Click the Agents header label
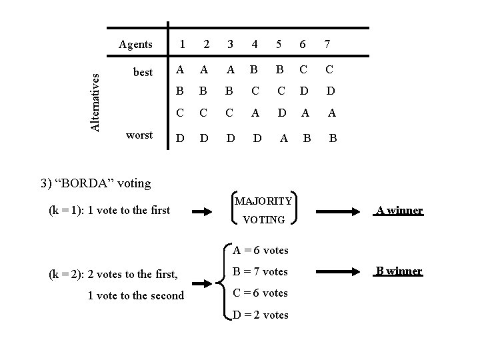pos(135,45)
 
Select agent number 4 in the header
pos(255,45)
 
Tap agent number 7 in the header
pos(327,45)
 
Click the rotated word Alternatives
pos(95,103)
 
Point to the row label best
pos(143,72)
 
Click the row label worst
pos(139,135)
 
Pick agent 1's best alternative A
pos(180,70)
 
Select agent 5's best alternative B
pos(279,70)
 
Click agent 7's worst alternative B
pos(333,139)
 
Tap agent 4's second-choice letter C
pos(255,91)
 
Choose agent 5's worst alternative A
pos(284,139)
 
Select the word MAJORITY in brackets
pos(263,201)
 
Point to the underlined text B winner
pos(399,271)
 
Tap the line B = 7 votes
pos(260,271)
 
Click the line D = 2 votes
pos(260,315)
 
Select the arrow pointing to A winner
pos(338,211)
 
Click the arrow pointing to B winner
pos(338,271)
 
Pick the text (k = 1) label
pos(65,211)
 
